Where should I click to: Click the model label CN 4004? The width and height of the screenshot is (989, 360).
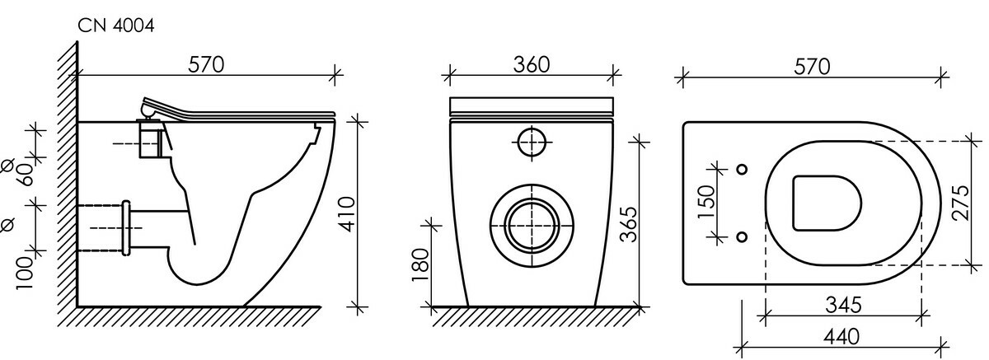pos(116,26)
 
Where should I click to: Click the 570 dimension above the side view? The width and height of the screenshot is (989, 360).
pos(206,65)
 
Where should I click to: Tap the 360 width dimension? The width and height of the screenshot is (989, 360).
pos(532,65)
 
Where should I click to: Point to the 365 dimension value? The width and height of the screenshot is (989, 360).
pos(629,225)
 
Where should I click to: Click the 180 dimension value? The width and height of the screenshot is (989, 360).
pos(420,265)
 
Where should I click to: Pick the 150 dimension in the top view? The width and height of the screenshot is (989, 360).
pos(706,202)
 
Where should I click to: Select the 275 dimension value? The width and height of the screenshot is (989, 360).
pos(961,203)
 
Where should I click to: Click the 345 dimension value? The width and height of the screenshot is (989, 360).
pos(843,305)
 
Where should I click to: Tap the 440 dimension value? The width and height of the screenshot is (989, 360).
pos(841,338)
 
